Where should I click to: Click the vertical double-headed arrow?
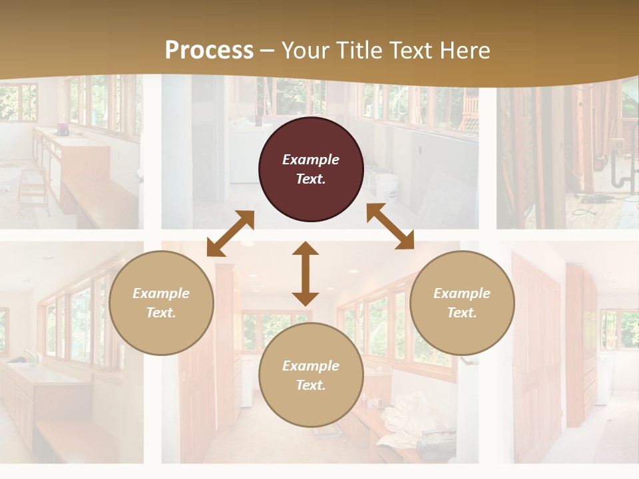pyautogui.click(x=306, y=273)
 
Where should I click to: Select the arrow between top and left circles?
pyautogui.click(x=230, y=234)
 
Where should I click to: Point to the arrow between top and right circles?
pyautogui.click(x=390, y=226)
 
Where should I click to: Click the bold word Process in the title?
pyautogui.click(x=209, y=50)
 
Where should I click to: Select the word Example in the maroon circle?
pyautogui.click(x=311, y=160)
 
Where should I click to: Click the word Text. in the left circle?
pyautogui.click(x=161, y=313)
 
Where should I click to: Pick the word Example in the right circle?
pyautogui.click(x=462, y=293)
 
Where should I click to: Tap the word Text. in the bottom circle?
pyautogui.click(x=311, y=385)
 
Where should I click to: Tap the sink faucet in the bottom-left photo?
pyautogui.click(x=29, y=356)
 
